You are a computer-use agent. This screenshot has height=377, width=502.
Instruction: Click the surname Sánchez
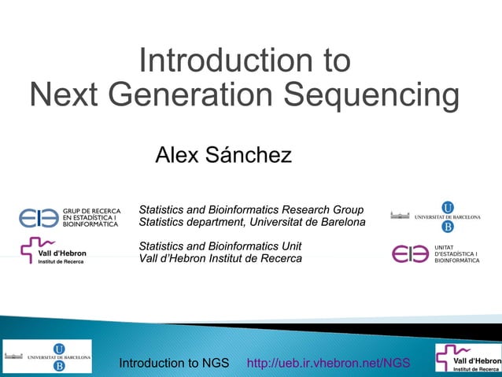[249, 155]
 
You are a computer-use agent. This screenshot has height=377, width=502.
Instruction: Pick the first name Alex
[177, 155]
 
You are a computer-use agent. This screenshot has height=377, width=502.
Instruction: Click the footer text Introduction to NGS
[174, 363]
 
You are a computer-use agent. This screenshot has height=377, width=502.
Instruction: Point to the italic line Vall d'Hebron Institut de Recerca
[220, 259]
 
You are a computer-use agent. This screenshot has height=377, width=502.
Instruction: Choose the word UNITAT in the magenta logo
[445, 246]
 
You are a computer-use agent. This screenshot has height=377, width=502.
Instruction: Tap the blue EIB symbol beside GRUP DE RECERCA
[39, 217]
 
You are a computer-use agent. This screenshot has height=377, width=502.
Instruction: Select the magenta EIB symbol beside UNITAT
[410, 254]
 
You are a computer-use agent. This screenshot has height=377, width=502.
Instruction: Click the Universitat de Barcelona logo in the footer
[47, 357]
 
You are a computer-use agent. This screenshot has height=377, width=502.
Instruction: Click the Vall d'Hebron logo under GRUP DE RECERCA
[53, 250]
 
